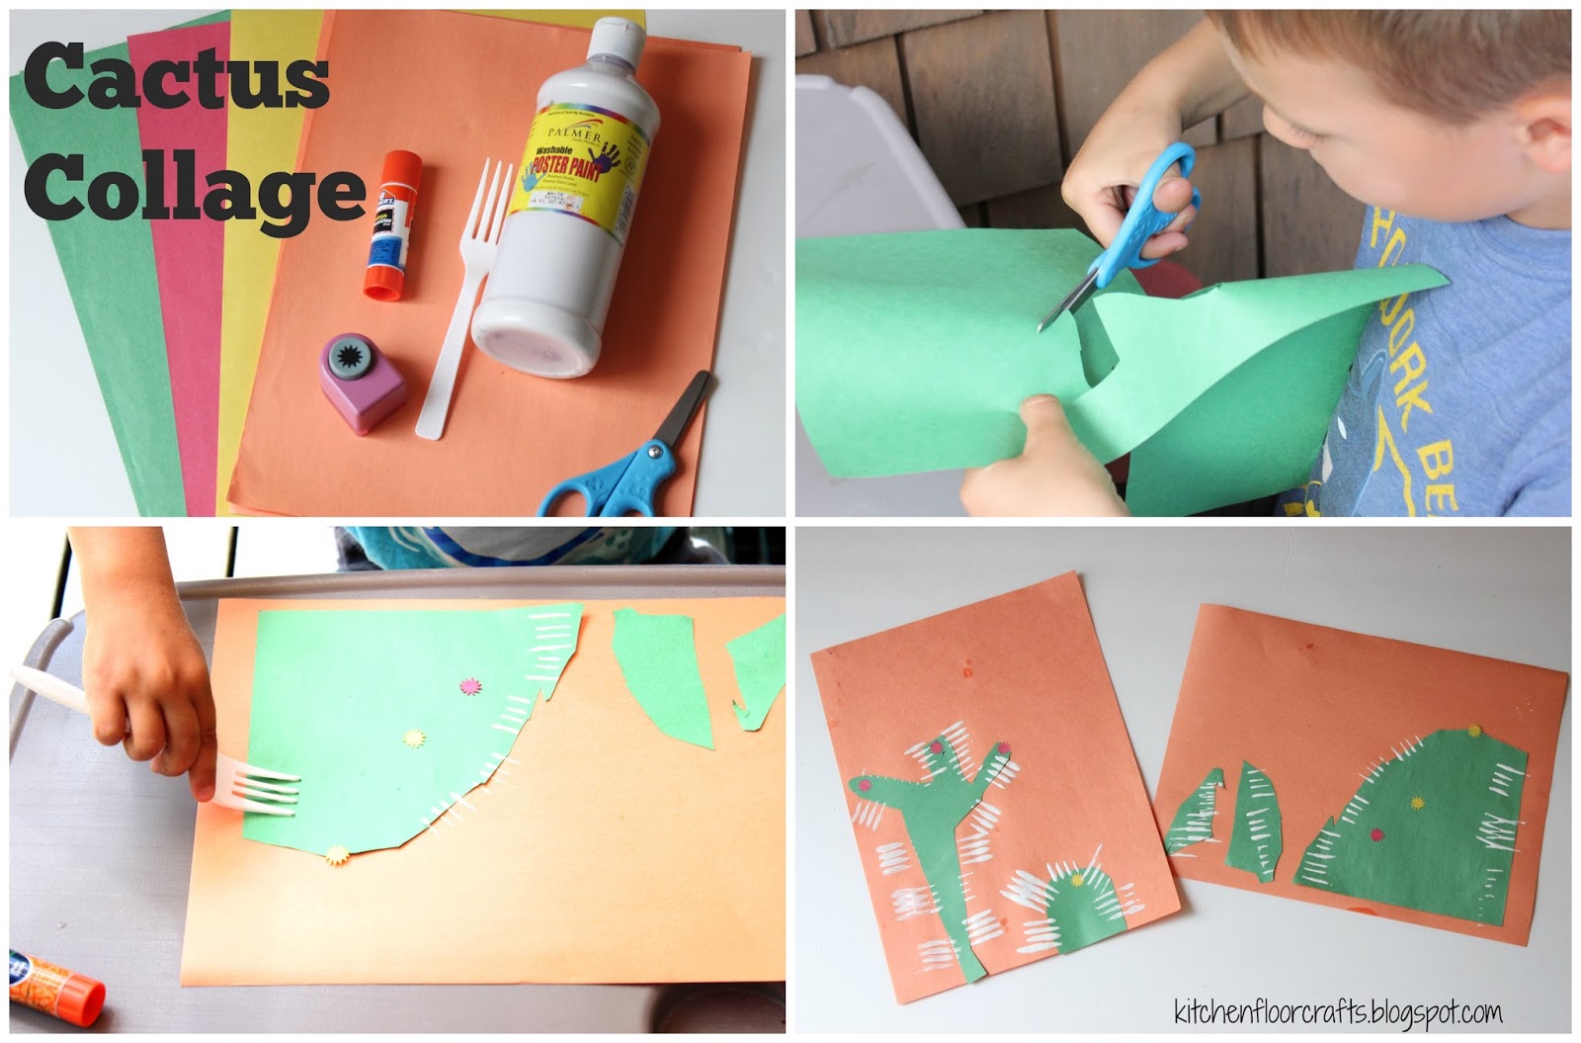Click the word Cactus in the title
(x=176, y=79)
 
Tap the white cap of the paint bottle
(x=618, y=44)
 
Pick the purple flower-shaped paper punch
(x=361, y=381)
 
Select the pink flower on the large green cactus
(x=469, y=684)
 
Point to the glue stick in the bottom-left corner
(x=54, y=984)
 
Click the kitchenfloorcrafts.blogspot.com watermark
(x=1338, y=1010)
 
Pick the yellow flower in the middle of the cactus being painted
(x=413, y=738)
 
